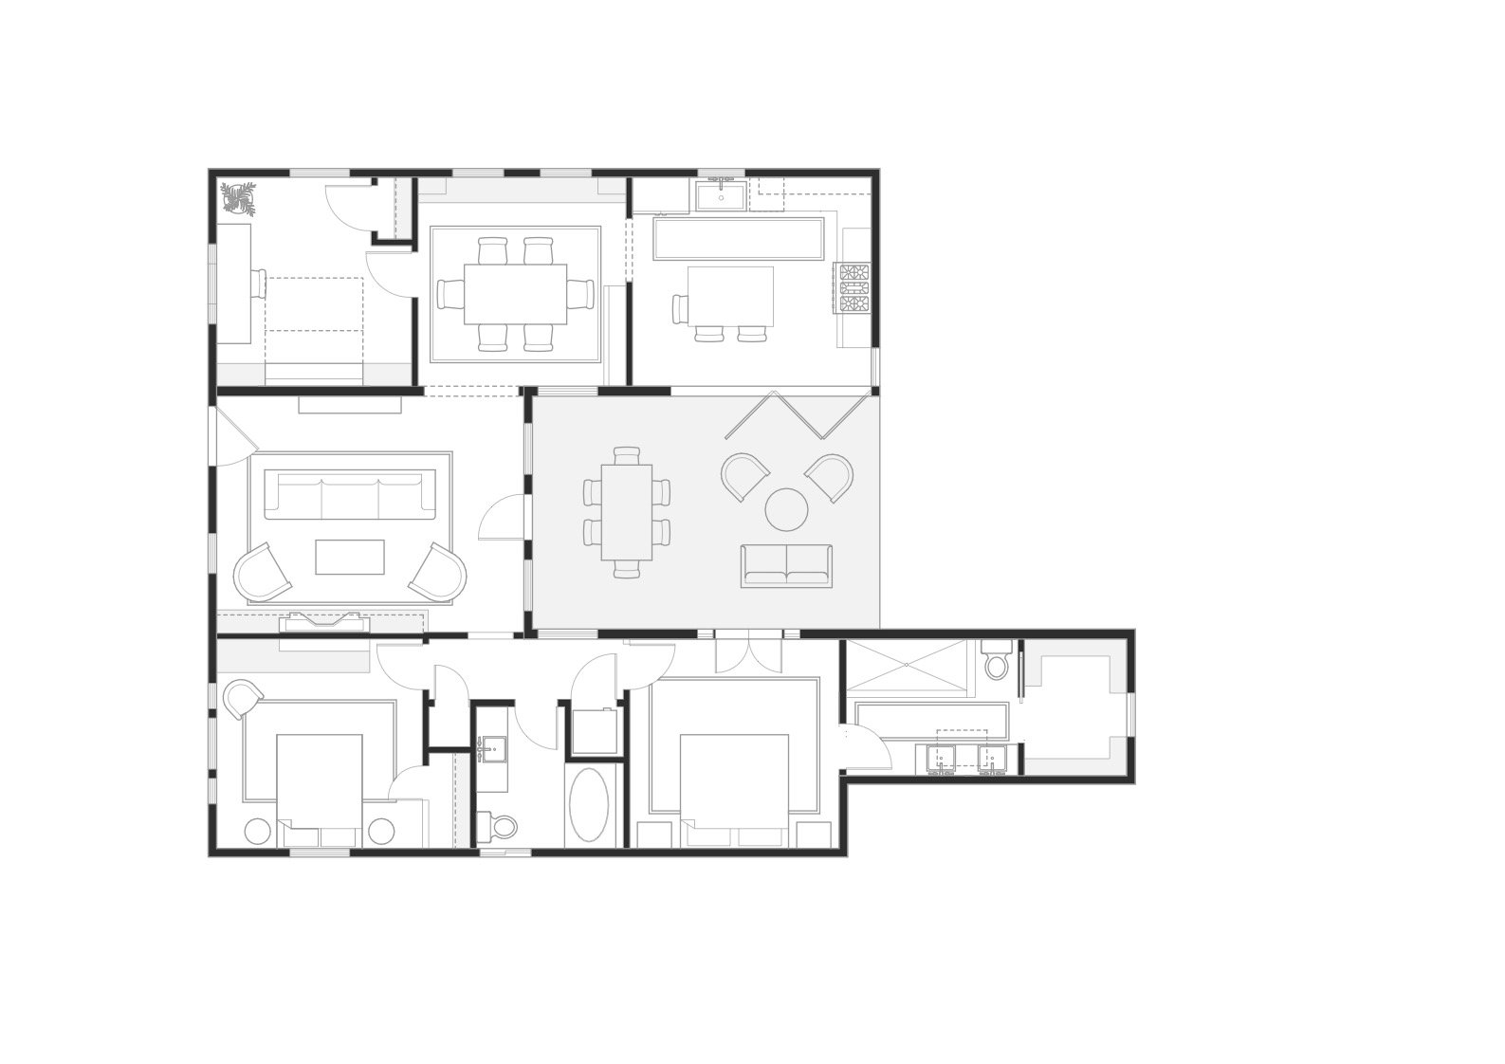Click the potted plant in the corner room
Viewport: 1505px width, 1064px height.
pyautogui.click(x=238, y=199)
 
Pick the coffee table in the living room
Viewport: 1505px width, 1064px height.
pyautogui.click(x=350, y=557)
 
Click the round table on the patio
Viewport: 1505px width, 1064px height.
pyautogui.click(x=786, y=509)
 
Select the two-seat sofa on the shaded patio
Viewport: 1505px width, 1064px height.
pyautogui.click(x=786, y=565)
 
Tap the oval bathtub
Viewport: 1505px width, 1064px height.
pyautogui.click(x=592, y=805)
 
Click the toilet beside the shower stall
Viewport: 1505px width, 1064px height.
pyautogui.click(x=996, y=661)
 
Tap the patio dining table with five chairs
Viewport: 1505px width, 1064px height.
pyautogui.click(x=627, y=511)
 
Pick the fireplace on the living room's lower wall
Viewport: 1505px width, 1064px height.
pyautogui.click(x=323, y=622)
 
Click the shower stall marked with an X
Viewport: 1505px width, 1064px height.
pyautogui.click(x=909, y=666)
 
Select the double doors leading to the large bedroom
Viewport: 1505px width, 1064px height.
pyautogui.click(x=748, y=652)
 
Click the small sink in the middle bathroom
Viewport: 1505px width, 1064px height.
pyautogui.click(x=491, y=752)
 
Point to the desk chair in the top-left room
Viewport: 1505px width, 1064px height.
pyautogui.click(x=259, y=284)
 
